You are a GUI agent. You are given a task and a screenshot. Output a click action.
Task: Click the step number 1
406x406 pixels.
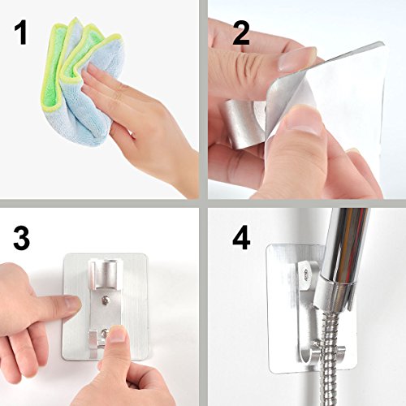click(20, 33)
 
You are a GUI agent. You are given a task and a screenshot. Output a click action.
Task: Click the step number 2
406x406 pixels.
click(241, 33)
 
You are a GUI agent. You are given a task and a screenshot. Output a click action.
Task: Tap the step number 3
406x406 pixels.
click(21, 238)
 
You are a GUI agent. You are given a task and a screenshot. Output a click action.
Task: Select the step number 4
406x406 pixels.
click(241, 238)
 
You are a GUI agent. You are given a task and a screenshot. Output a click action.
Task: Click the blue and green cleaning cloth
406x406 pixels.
click(81, 81)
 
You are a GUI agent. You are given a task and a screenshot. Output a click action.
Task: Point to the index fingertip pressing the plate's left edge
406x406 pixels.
click(72, 303)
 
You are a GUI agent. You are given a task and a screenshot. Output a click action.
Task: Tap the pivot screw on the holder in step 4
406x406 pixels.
click(307, 272)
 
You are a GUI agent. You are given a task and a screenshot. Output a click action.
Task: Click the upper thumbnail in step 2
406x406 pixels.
click(297, 59)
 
